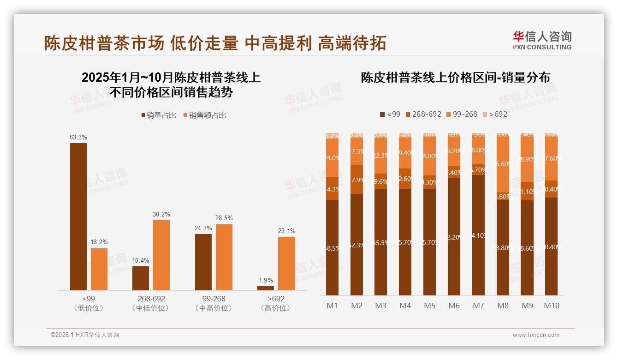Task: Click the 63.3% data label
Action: coord(78,137)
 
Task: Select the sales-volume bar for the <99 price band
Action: coord(78,216)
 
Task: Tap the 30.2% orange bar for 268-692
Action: coord(161,255)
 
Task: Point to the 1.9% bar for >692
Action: coord(266,288)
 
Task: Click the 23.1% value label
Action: coord(286,231)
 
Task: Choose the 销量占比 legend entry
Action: coord(159,115)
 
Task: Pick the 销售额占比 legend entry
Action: coord(205,115)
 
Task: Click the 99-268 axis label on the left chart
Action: coord(214,299)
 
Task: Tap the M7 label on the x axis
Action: coord(478,306)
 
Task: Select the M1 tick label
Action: coord(332,306)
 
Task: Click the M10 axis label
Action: coord(551,306)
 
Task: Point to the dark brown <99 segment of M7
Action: coord(478,235)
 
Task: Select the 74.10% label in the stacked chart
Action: coord(478,235)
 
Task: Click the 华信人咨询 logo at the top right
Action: coord(542,40)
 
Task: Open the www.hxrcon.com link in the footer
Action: coord(536,335)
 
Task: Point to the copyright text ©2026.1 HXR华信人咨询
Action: coord(85,335)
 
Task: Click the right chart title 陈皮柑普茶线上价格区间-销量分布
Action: coord(455,78)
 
